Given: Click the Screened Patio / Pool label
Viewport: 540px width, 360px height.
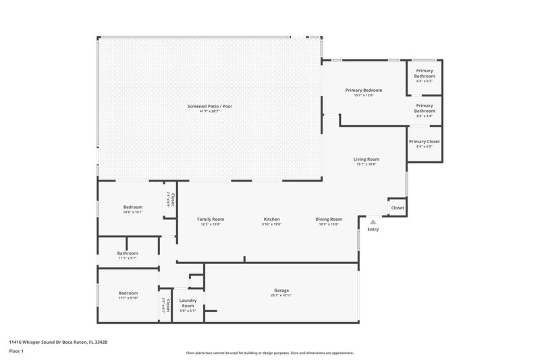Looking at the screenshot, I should pos(209,106).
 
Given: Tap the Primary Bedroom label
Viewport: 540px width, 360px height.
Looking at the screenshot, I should pos(364,90).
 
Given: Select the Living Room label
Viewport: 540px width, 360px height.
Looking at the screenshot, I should pos(367,159).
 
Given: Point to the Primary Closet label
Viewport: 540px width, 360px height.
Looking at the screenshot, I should pos(424,141).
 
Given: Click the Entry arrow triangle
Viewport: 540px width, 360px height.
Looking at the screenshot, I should pos(373,221).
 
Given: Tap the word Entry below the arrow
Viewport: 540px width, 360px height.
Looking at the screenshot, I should pos(373,230).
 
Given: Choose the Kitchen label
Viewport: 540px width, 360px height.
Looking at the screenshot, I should pos(271,219).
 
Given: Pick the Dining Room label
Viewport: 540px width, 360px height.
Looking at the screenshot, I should pos(329,219).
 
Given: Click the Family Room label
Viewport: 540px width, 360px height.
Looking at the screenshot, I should pos(211,219).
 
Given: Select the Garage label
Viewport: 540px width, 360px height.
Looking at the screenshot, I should pos(281,290).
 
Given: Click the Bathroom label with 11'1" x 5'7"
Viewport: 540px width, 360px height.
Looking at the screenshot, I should pos(128,253).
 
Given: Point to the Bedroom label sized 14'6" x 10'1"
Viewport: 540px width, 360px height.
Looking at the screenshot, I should pos(132,207).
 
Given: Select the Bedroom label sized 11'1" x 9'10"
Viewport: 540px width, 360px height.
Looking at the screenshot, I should pos(128,292).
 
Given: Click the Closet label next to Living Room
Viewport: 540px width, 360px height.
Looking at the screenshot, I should pos(398,207).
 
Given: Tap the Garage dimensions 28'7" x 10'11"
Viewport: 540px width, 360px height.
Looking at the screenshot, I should pos(281,296).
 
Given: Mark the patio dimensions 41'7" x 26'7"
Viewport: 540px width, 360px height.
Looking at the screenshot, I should pos(209,111).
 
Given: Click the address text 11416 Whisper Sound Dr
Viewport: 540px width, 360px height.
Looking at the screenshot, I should pos(57,342).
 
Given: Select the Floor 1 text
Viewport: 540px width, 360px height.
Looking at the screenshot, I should pos(16,351).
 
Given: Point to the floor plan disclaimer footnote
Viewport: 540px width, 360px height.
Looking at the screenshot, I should pos(269,353).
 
